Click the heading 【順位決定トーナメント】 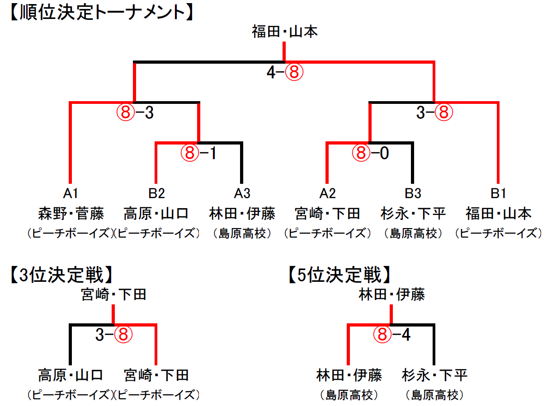click(x=101, y=13)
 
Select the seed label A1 click(x=71, y=193)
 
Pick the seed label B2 click(x=156, y=193)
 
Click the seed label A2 click(x=327, y=193)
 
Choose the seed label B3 click(x=413, y=193)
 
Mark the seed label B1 click(x=498, y=193)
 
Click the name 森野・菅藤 click(x=71, y=213)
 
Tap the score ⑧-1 click(x=198, y=154)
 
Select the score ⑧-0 click(x=370, y=154)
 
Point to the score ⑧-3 click(x=135, y=113)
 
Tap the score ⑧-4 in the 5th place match click(x=391, y=335)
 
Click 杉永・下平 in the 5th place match click(x=434, y=375)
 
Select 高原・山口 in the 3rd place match click(x=71, y=375)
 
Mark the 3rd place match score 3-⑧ click(x=113, y=335)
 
